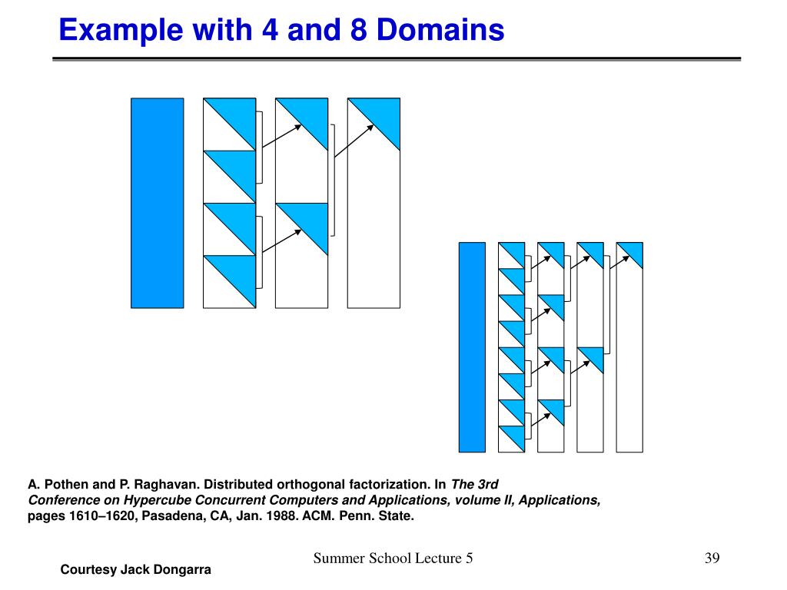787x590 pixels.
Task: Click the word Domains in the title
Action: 441,30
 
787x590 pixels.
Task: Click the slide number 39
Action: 711,558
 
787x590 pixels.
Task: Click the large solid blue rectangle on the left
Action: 157,203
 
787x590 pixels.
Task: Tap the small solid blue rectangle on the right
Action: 472,346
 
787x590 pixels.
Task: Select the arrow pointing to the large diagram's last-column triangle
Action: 354,140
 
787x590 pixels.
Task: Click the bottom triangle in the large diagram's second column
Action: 237,273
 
